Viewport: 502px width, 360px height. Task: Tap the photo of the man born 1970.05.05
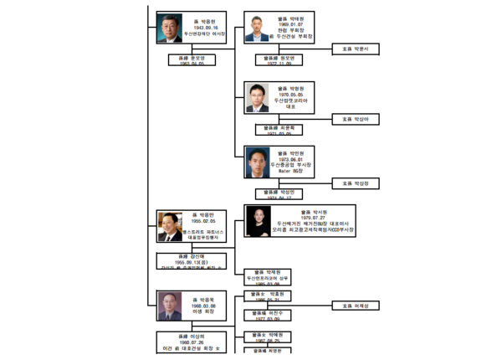(257, 97)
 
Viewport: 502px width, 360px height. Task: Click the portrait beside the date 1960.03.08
(169, 306)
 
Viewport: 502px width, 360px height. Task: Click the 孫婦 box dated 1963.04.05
(192, 60)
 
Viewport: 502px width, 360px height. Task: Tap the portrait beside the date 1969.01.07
(257, 28)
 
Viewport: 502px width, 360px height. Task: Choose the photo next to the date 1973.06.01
(257, 162)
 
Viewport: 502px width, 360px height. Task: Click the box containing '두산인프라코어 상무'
(273, 275)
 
